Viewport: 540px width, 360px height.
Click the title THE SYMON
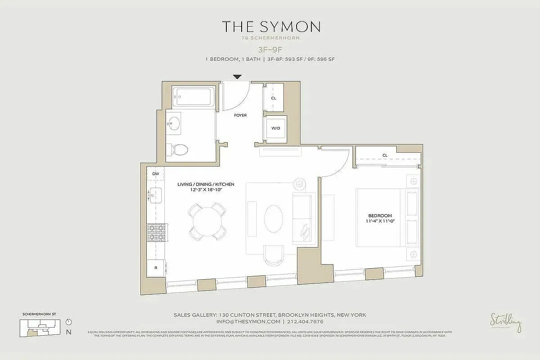click(x=270, y=27)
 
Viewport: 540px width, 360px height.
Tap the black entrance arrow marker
click(x=238, y=77)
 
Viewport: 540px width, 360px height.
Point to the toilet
click(x=178, y=149)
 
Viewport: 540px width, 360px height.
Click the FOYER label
click(x=240, y=116)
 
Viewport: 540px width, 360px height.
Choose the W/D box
click(x=275, y=128)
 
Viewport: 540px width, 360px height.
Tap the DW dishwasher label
click(x=156, y=173)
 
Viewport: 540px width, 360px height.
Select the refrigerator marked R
click(x=156, y=267)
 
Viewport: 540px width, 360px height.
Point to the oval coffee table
click(x=274, y=219)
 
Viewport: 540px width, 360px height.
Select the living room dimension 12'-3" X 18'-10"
click(x=206, y=190)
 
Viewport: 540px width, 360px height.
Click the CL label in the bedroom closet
click(x=385, y=155)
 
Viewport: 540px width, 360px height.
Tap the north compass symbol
click(x=68, y=322)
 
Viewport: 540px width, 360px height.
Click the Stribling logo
click(x=506, y=323)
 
